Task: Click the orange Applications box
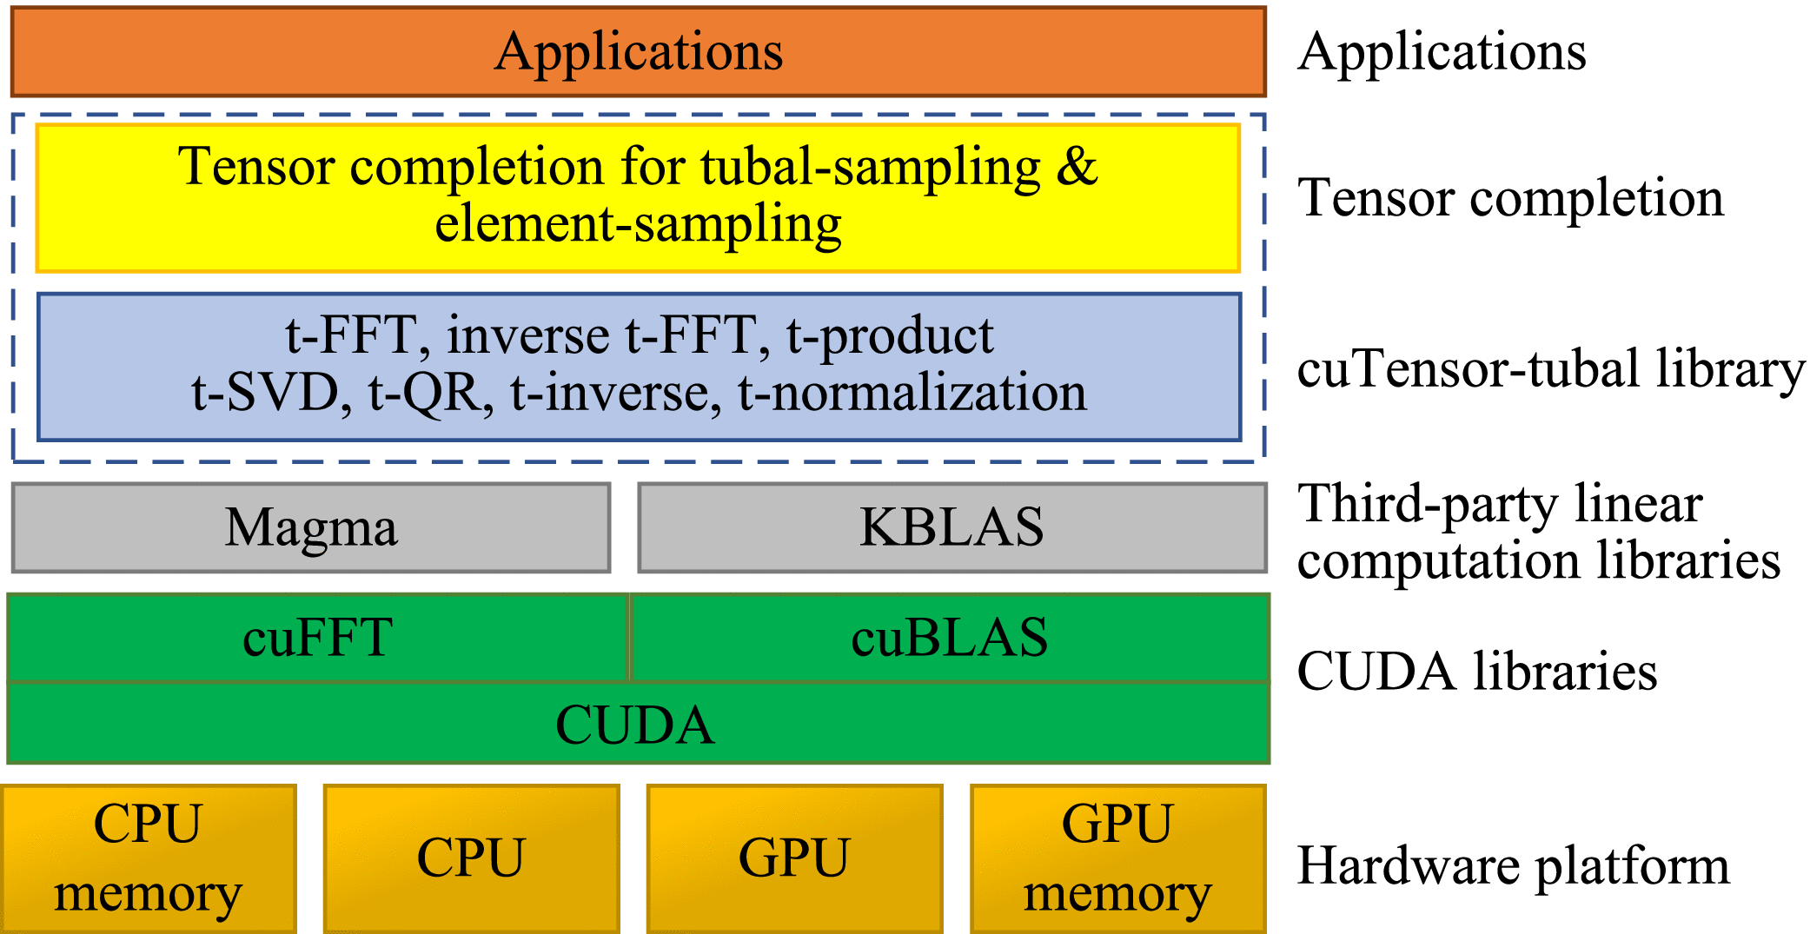639,52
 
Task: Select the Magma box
311,527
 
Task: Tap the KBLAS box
952,527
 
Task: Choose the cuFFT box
318,638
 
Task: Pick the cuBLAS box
950,638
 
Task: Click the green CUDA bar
639,724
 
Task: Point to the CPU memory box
149,858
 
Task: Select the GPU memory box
1118,858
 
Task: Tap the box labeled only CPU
472,858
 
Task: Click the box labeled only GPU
795,858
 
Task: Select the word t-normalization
912,393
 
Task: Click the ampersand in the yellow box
1077,166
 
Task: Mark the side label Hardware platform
1513,867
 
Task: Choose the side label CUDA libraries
1477,672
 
